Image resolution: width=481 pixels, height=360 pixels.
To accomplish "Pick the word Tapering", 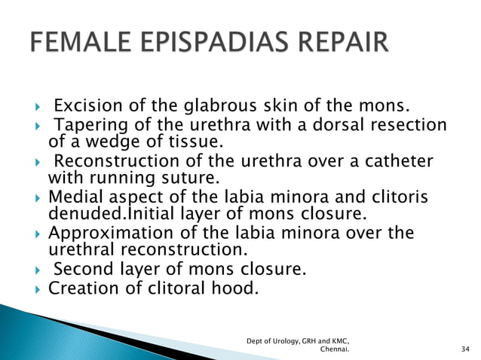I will [87, 125].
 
